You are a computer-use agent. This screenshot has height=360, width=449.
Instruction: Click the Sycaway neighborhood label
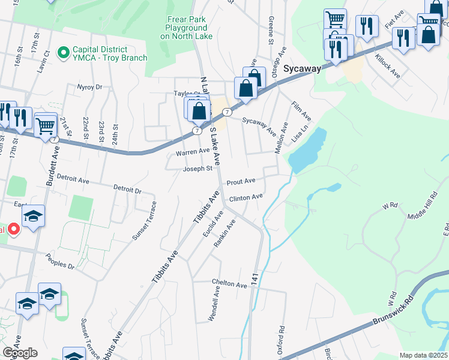coord(302,68)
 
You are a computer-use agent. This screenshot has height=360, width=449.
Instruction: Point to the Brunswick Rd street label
coord(394,311)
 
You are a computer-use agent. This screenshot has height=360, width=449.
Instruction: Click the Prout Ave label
coord(241,181)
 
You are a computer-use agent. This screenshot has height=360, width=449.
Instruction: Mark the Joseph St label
coord(198,169)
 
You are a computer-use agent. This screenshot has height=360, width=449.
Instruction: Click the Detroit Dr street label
coord(128,190)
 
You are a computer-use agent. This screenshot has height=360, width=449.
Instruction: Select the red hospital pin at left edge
coord(13,230)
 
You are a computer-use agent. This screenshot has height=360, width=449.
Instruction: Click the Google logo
coord(19,352)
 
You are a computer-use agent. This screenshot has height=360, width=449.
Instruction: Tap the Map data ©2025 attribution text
coord(423,355)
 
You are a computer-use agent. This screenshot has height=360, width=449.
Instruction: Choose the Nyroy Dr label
coord(89,87)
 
